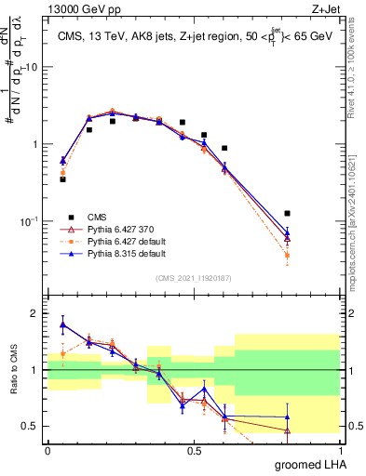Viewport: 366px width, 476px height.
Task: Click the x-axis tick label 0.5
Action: pos(194,450)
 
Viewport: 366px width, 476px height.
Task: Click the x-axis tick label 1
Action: pos(340,450)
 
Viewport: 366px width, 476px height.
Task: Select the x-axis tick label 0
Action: pos(47,450)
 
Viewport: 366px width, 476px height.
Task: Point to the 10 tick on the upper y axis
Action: pos(32,68)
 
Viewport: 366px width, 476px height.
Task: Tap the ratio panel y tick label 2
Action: pos(36,314)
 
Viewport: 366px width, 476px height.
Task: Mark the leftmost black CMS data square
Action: pos(62,179)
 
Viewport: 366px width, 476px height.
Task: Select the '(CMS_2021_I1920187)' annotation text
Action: pos(194,278)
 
